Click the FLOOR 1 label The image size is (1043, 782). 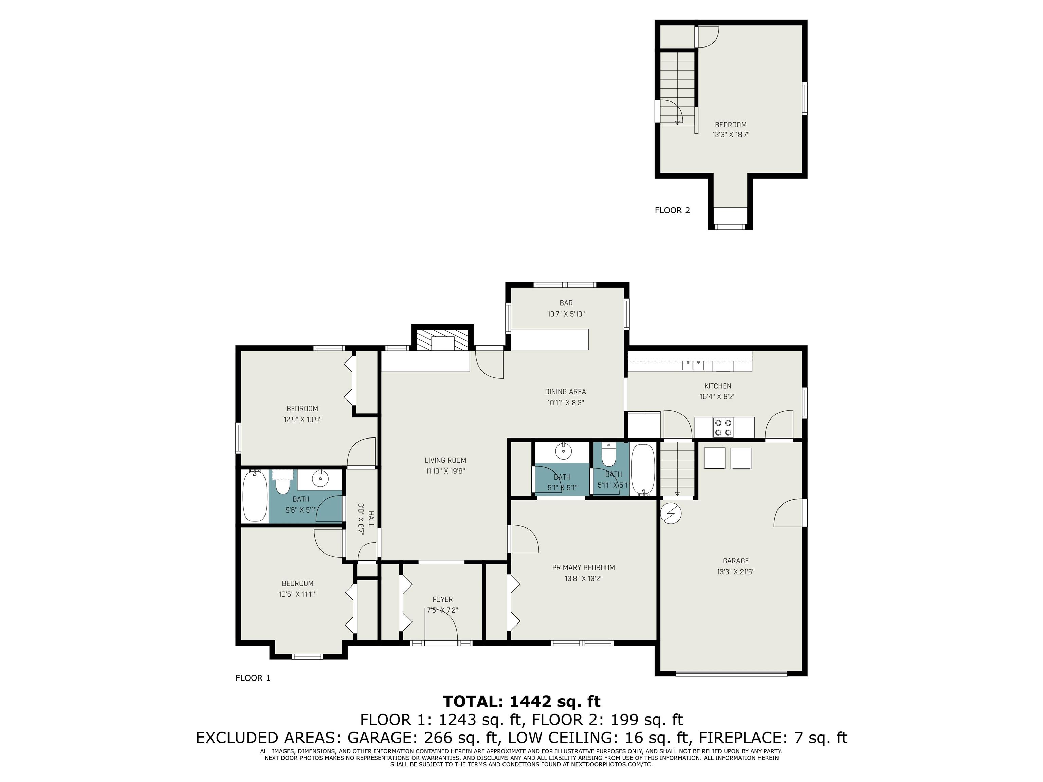click(x=253, y=678)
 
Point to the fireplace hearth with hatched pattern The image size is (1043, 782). click(x=443, y=339)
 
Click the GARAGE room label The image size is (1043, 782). click(x=736, y=560)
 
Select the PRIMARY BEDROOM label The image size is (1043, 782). click(x=583, y=567)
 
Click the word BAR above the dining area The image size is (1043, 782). click(x=566, y=303)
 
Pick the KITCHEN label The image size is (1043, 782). click(x=718, y=386)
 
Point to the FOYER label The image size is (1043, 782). click(x=442, y=599)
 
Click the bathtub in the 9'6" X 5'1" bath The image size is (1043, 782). click(x=255, y=496)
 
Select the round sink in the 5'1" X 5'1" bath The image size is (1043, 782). click(x=563, y=451)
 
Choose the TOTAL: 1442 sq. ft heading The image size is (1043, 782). click(x=521, y=702)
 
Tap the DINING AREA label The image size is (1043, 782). click(x=565, y=391)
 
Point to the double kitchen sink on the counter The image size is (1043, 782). click(x=694, y=365)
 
